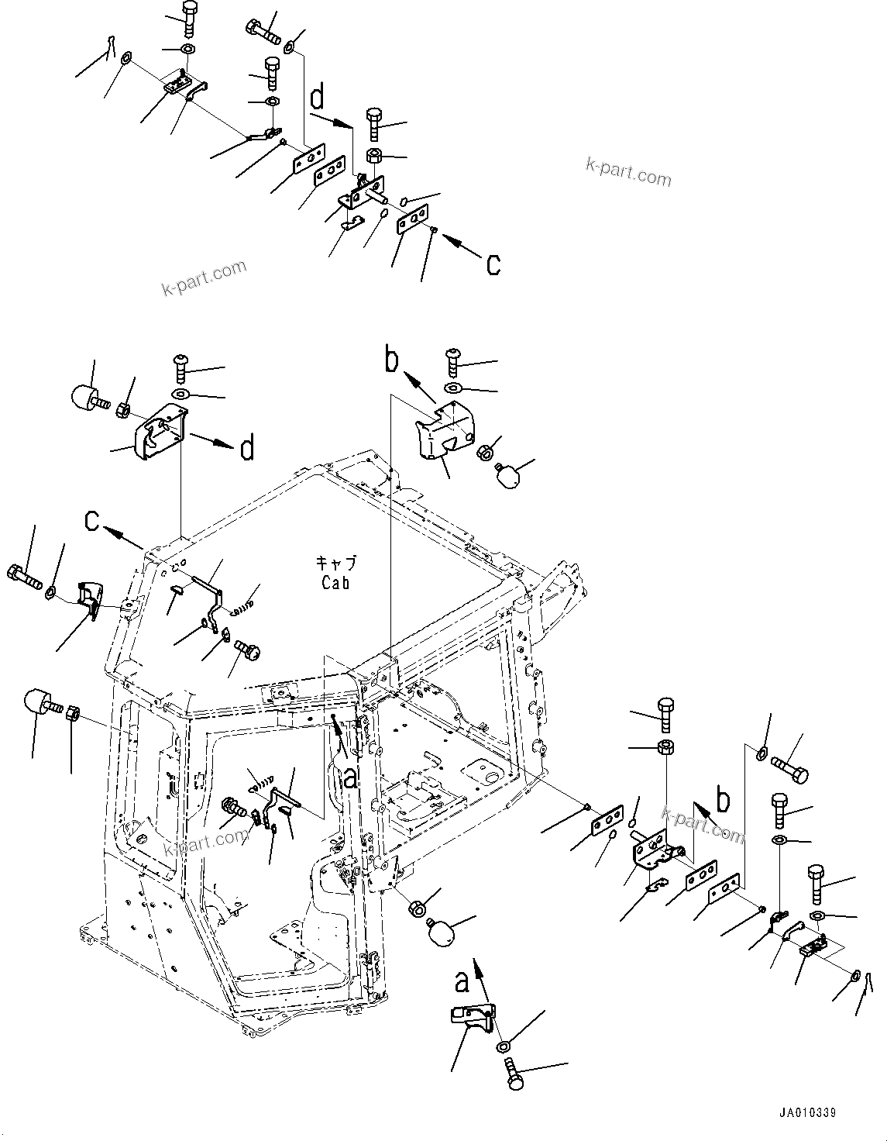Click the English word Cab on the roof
click(335, 583)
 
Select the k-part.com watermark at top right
click(627, 172)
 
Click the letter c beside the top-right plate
click(493, 264)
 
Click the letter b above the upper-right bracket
click(393, 360)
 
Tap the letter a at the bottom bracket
click(462, 981)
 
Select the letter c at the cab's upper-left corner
click(93, 522)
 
